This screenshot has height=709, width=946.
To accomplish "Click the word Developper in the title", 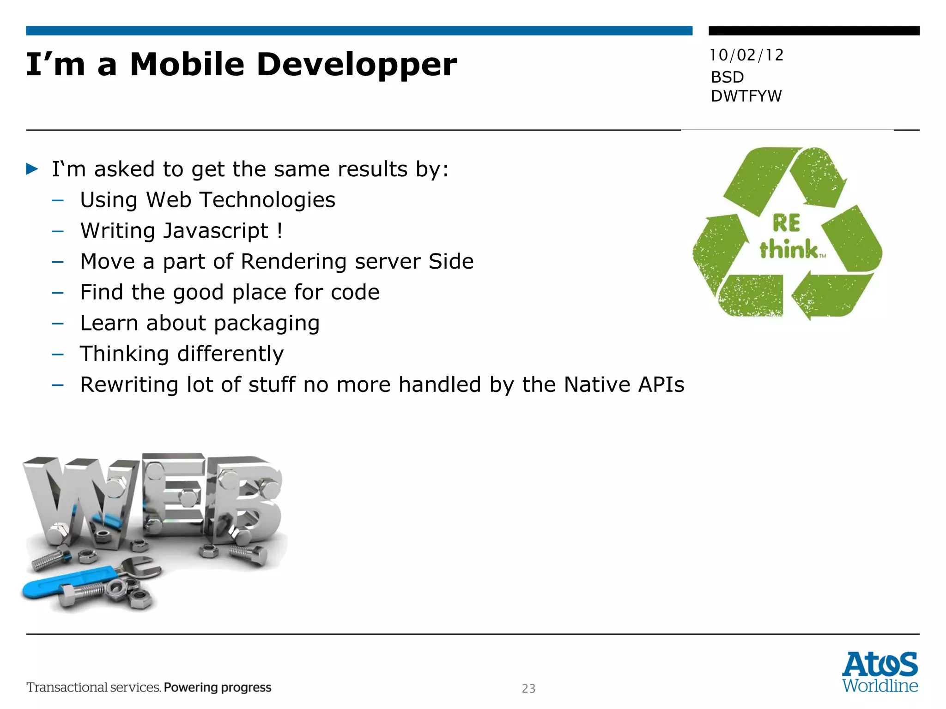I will pos(356,65).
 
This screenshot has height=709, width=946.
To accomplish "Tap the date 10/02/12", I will pos(746,55).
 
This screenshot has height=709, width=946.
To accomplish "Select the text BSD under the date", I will pos(727,77).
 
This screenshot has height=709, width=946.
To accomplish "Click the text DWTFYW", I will pos(746,96).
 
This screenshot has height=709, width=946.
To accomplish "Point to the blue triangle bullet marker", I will pos(32,169).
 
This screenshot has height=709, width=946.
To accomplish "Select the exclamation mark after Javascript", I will pos(280,230).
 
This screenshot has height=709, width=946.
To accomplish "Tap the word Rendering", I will pos(293,262).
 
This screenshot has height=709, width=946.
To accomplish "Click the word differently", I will pos(230,354).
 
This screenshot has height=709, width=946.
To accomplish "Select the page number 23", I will pos(528,689).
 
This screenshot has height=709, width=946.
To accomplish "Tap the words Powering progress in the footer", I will pos(218,688).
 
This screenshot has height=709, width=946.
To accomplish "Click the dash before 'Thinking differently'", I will pos(58,354).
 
